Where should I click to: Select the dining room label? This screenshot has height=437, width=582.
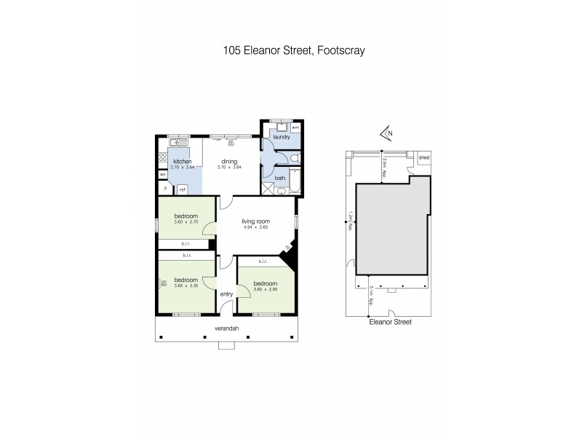(229, 162)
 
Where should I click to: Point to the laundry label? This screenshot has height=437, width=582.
(281, 136)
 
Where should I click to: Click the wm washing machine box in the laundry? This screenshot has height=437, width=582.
(295, 127)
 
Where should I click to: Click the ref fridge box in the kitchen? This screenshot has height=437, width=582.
(182, 189)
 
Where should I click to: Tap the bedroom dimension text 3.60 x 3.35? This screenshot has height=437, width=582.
(186, 286)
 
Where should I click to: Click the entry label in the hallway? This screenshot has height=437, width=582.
(226, 294)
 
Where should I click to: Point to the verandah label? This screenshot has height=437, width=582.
(226, 328)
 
